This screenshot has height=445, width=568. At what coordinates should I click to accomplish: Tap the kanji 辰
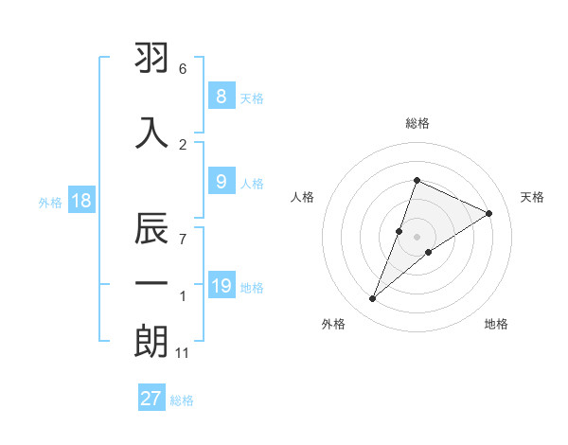point(151,229)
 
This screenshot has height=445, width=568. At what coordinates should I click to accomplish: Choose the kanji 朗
point(151,341)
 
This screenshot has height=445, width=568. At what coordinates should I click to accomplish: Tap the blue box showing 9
point(221,183)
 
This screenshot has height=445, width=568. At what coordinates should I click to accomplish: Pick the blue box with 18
point(80,202)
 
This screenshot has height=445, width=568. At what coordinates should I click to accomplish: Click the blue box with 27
point(151,399)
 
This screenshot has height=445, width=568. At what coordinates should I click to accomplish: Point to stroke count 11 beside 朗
point(184,353)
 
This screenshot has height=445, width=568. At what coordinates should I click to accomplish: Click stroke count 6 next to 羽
point(183,69)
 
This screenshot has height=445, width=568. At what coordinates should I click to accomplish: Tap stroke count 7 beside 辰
point(183,240)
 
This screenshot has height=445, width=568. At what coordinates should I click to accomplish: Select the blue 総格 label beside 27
point(182,400)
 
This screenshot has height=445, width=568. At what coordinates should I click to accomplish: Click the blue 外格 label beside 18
point(49,203)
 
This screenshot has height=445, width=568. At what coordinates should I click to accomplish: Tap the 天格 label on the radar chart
point(532,197)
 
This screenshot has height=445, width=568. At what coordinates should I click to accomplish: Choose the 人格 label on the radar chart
point(302,197)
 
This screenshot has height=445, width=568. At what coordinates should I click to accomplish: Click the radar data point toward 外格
point(373,299)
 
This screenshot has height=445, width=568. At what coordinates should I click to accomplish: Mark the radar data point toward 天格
point(488,214)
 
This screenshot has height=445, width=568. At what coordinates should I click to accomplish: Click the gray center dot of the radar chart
point(417,237)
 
